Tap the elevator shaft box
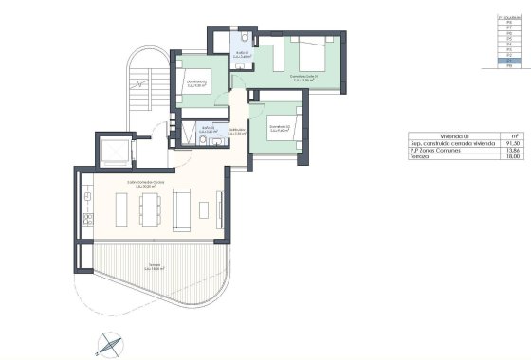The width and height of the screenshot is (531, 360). coord(116,151)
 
